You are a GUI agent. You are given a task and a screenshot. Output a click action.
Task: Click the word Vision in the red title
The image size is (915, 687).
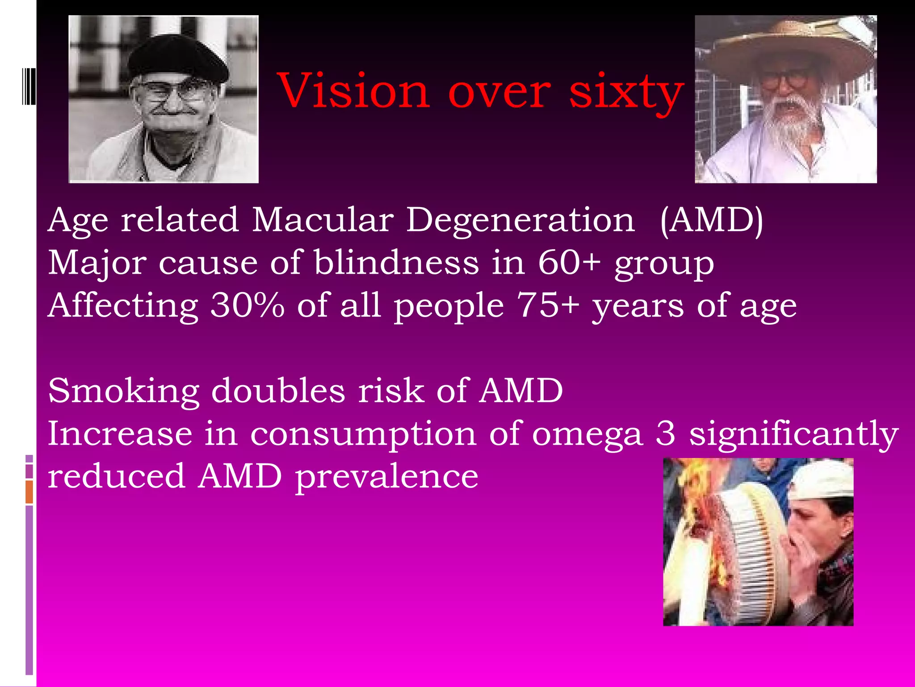click(353, 91)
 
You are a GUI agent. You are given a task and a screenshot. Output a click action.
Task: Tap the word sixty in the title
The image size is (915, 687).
click(626, 93)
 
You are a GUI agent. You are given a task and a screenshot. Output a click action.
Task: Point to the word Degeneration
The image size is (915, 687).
click(520, 221)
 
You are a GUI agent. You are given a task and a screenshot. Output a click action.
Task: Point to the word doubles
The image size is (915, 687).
click(278, 390)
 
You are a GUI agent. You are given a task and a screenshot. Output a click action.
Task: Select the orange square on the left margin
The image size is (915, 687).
click(29, 492)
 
